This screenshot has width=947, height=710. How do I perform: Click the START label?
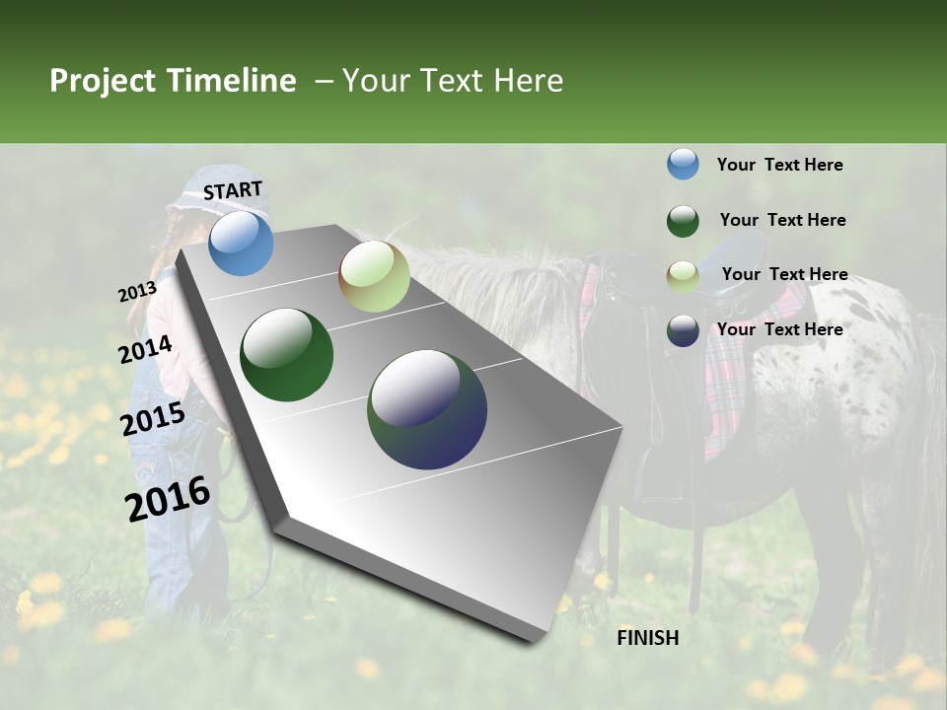[233, 190]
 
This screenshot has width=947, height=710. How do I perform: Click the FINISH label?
[648, 638]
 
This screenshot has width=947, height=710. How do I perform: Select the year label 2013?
[137, 292]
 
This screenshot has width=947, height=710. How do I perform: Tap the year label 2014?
[146, 350]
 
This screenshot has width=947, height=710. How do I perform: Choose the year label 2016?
[168, 499]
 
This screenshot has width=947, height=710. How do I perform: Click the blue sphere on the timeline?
[241, 243]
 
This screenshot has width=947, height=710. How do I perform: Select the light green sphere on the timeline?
[374, 276]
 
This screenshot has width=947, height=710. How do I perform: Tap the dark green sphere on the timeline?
[287, 355]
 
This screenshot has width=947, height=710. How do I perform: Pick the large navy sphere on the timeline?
[427, 409]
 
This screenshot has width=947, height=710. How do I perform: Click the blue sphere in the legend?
[683, 164]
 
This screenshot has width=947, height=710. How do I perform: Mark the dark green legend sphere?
[683, 220]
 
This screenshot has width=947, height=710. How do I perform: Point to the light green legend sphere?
[683, 275]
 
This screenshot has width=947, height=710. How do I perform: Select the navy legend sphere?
[683, 330]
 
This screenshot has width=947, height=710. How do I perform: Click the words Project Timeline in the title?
[173, 81]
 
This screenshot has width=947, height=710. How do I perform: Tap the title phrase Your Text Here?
[453, 81]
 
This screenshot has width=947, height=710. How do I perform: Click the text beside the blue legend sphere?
[779, 165]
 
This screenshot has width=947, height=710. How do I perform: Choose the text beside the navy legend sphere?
[779, 329]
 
